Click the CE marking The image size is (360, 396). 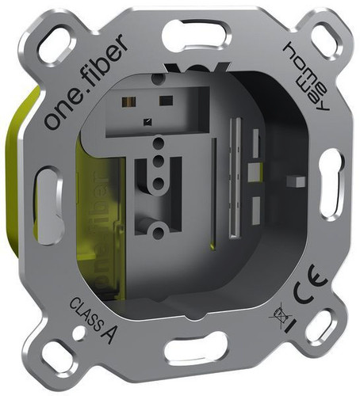[311, 284]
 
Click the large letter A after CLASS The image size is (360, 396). [109, 333]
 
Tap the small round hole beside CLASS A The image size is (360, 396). [79, 333]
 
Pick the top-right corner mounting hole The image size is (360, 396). [327, 39]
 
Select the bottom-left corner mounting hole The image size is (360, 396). [59, 360]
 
